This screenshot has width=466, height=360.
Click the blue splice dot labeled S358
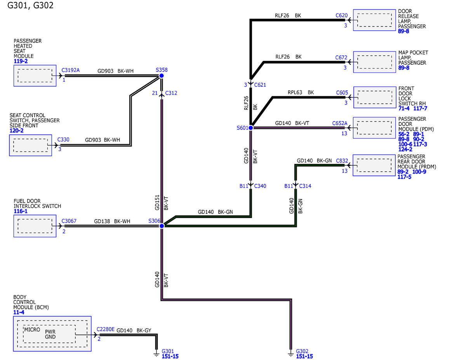[x=161, y=76]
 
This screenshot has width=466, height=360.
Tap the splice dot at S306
[x=162, y=226]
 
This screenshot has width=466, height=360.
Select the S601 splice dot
[x=250, y=128]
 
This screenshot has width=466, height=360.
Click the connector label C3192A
[x=70, y=70]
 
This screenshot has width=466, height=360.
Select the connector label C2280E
[x=106, y=329]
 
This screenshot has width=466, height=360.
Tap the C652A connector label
[x=340, y=123]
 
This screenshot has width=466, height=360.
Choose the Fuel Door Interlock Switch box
[x=35, y=226]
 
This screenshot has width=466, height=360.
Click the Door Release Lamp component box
[x=374, y=20]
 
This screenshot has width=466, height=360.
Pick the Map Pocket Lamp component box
[x=375, y=62]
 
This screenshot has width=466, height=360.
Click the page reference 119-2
[x=21, y=61]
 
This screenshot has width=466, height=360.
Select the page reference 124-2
[x=405, y=150]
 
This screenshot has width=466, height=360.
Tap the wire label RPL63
[x=295, y=92]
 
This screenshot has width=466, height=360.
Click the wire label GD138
[x=102, y=221]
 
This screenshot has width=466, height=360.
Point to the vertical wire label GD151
[x=157, y=202]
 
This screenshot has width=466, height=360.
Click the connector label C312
[x=171, y=93]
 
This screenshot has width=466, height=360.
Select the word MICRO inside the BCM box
[x=32, y=330]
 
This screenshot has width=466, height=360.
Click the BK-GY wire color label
[x=144, y=330]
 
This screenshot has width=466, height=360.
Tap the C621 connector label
[x=260, y=85]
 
